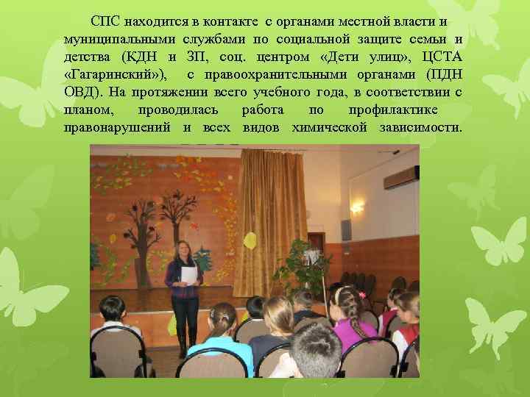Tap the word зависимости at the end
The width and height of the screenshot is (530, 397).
pos(421,126)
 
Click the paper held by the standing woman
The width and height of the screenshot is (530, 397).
pos(189,276)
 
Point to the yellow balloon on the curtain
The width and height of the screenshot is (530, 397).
pos(250,240)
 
